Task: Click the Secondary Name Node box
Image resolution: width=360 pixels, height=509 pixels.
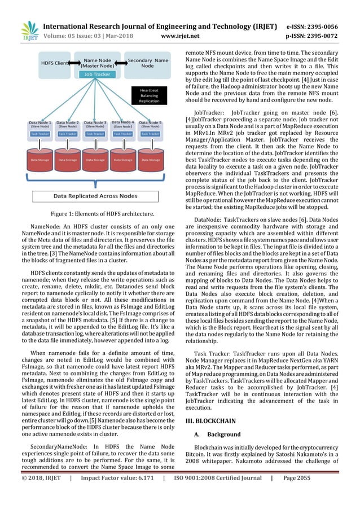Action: pos(147,63)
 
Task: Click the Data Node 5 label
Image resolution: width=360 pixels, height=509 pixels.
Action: pos(150,124)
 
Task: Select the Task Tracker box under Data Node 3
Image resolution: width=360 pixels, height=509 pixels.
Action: pos(95,134)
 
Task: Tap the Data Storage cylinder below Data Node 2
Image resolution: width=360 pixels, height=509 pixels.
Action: pos(68,159)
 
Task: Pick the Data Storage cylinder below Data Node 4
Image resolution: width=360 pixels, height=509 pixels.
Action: pos(123,159)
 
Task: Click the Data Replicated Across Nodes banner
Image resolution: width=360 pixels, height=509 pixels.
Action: pos(95,196)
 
